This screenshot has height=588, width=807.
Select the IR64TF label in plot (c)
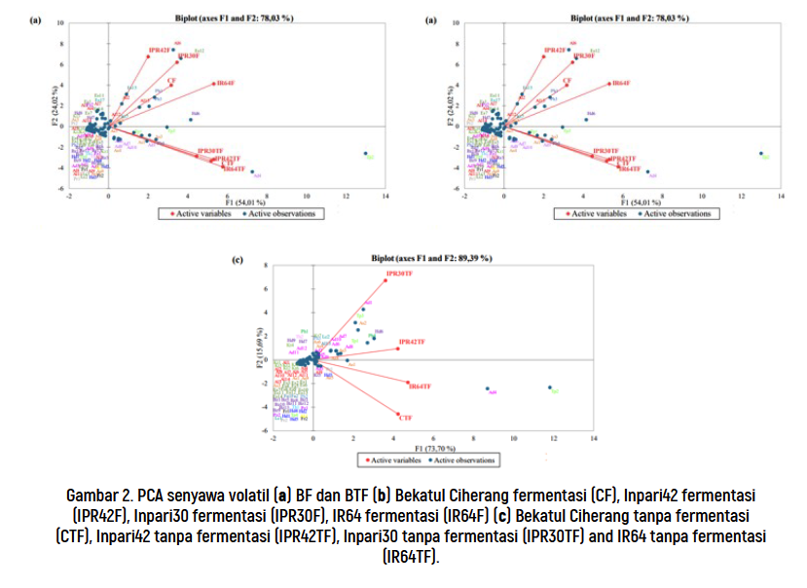[421, 386]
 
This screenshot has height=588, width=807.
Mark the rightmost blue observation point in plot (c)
[550, 386]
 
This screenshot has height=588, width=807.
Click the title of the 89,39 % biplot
[430, 258]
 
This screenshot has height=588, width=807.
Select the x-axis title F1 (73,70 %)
[431, 449]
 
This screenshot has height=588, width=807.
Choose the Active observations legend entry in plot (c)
[463, 460]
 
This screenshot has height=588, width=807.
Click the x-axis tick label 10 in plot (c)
[513, 439]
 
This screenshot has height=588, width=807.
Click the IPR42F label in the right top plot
[555, 49]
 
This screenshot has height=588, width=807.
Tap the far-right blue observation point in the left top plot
[365, 153]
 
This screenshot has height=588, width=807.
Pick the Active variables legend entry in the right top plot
[599, 213]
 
